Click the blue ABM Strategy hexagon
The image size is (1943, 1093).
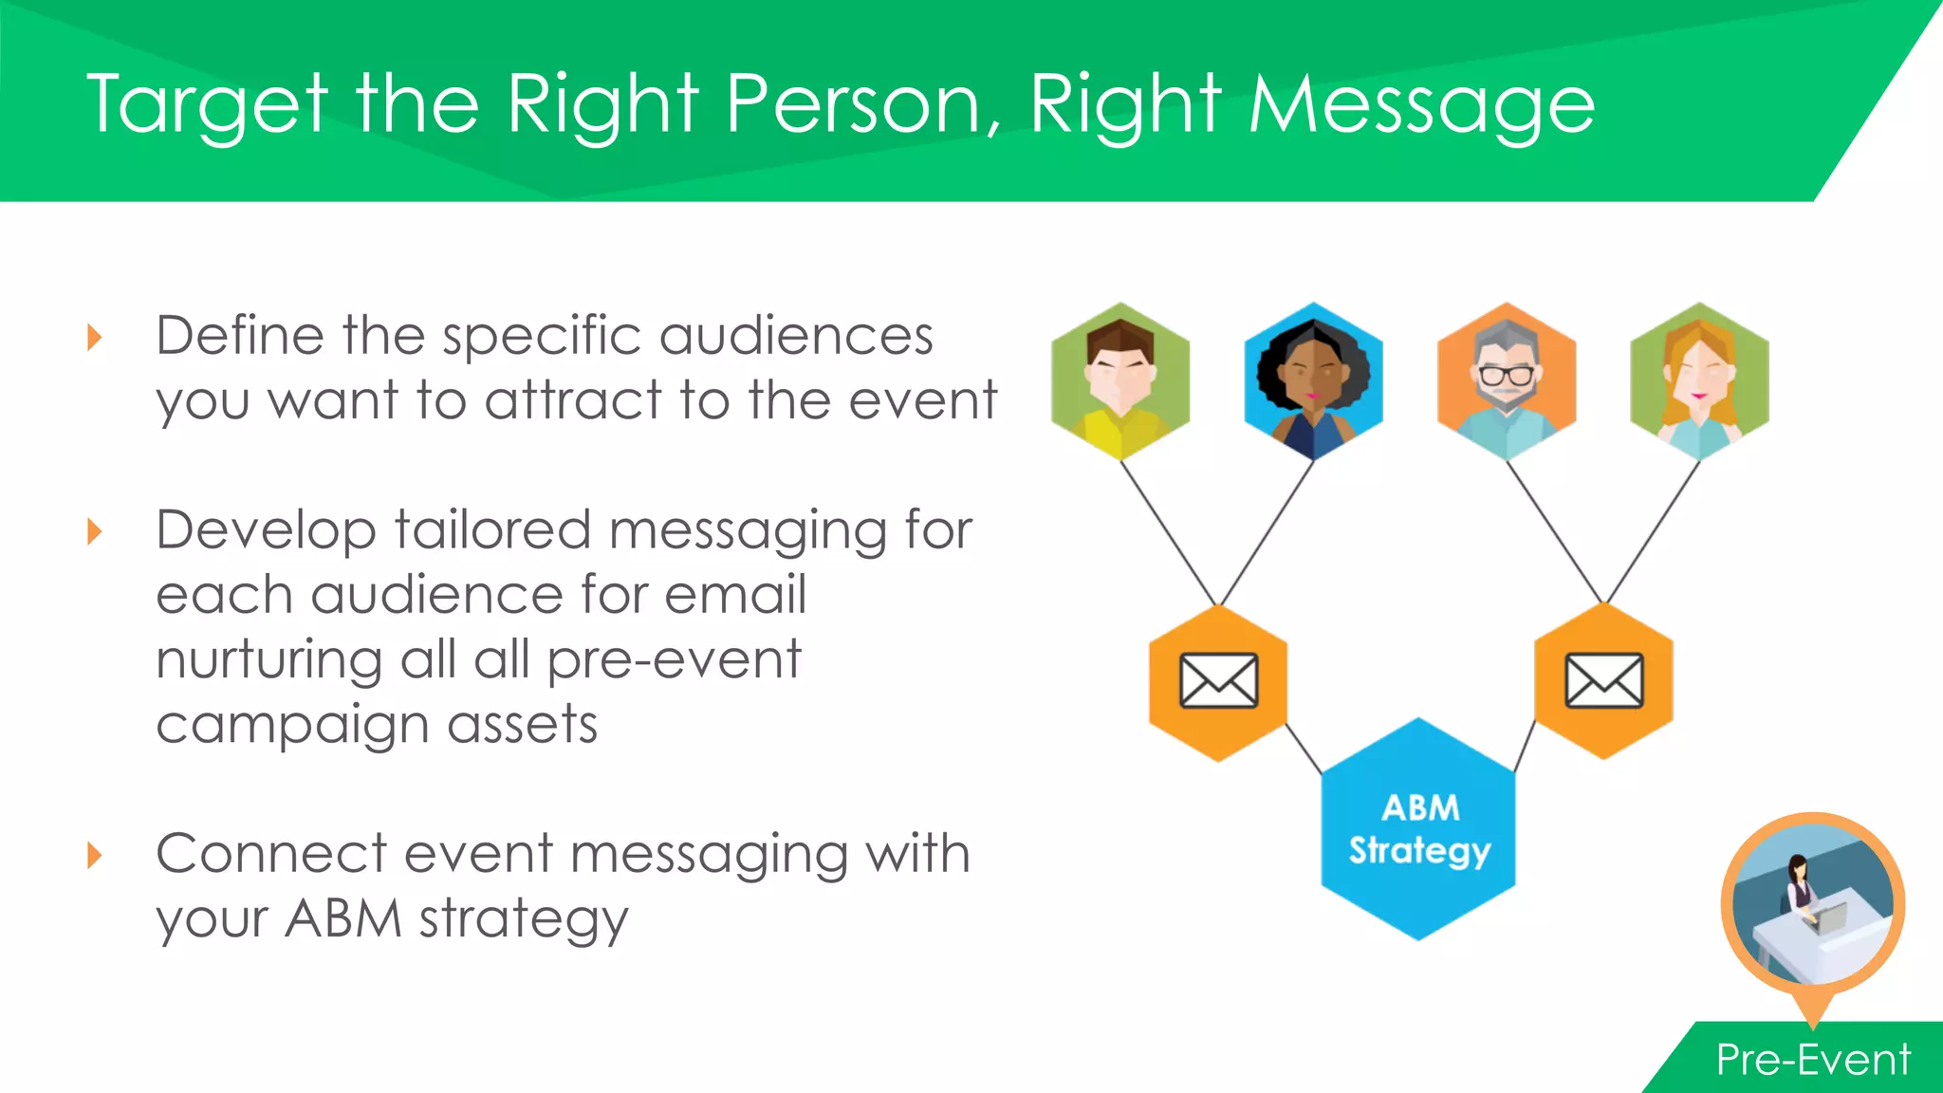1418,829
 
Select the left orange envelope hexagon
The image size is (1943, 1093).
1218,682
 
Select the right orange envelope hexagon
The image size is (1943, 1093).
1603,681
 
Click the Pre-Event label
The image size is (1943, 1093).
1812,1060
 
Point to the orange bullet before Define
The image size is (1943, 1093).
94,337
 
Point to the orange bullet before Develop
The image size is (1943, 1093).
94,531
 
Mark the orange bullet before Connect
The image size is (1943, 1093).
94,855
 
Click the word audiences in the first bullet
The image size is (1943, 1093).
796,336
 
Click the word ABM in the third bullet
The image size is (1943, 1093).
343,918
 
